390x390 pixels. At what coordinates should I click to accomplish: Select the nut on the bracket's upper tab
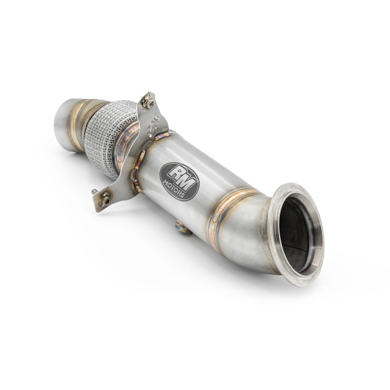[x=148, y=103]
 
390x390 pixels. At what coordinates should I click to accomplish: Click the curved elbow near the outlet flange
[x=250, y=234]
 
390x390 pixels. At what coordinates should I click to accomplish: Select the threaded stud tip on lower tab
[x=94, y=191]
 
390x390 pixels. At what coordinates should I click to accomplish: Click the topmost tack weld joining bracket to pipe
[x=161, y=136]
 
